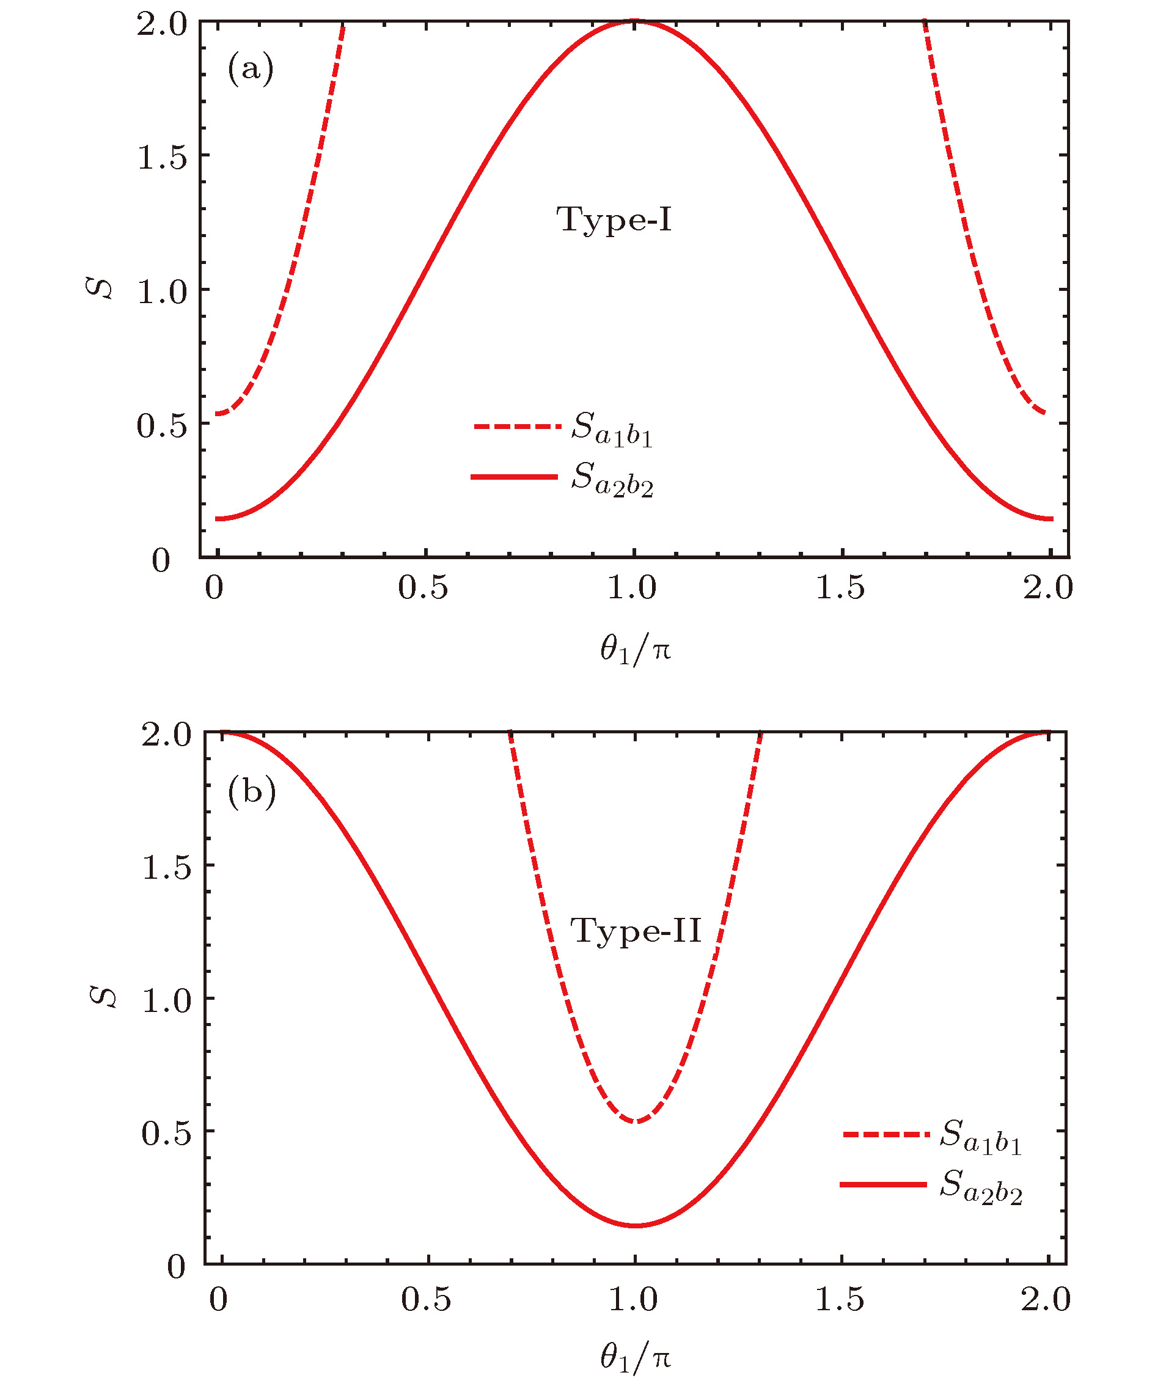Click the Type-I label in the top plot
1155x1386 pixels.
click(x=614, y=220)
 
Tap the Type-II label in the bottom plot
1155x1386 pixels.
click(x=636, y=931)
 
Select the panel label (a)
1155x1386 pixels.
click(x=250, y=68)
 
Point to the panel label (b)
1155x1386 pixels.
click(x=251, y=791)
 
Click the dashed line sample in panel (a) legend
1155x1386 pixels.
click(x=517, y=427)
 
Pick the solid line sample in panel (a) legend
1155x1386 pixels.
click(x=515, y=477)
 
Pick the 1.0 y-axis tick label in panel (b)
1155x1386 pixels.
click(x=166, y=1000)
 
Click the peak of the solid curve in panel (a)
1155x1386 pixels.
click(x=634, y=22)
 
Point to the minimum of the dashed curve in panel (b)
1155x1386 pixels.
click(x=635, y=1121)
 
